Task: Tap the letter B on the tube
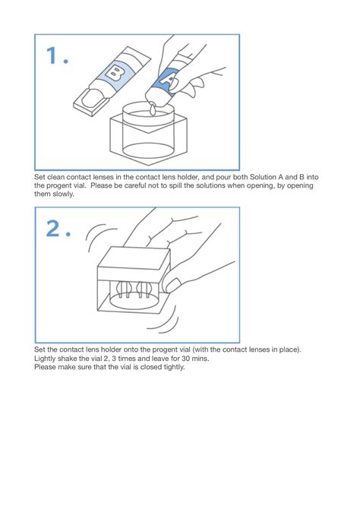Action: [x=115, y=73]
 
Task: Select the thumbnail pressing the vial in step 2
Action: [x=173, y=286]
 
